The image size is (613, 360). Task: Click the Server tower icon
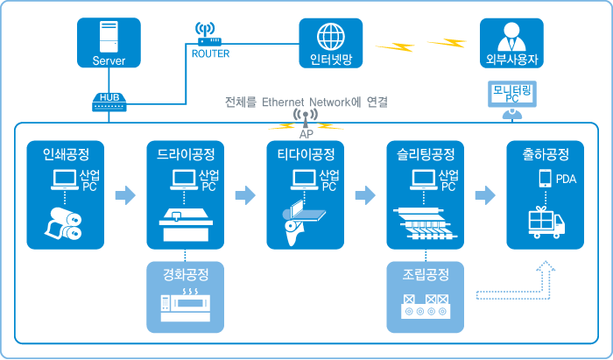pyautogui.click(x=109, y=37)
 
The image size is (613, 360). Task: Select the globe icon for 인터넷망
pyautogui.click(x=331, y=37)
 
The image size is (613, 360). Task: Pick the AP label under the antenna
pyautogui.click(x=306, y=135)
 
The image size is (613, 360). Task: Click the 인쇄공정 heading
pyautogui.click(x=60, y=155)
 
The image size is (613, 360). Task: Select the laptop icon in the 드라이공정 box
pyautogui.click(x=184, y=180)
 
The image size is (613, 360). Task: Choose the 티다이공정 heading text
pyautogui.click(x=300, y=155)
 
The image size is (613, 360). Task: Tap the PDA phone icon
pyautogui.click(x=546, y=180)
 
